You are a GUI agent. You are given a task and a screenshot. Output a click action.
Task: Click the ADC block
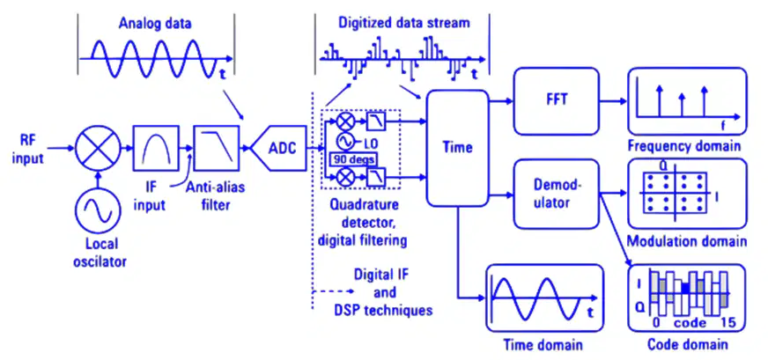tap(279, 148)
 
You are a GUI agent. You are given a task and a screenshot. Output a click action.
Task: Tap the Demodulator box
tap(557, 195)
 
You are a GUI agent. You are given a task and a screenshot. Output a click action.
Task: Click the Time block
tap(457, 147)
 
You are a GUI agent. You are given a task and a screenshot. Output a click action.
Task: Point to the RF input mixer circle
tap(99, 147)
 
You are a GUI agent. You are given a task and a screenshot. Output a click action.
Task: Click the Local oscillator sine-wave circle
tap(99, 211)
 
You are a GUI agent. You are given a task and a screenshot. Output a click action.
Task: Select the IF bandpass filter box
tap(156, 148)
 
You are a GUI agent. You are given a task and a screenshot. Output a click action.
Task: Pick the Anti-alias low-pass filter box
tap(216, 148)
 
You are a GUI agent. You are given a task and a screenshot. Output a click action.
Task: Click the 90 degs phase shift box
tap(353, 159)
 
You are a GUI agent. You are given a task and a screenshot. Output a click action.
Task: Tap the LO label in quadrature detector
tap(368, 142)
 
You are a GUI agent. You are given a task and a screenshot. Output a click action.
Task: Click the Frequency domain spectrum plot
tap(687, 101)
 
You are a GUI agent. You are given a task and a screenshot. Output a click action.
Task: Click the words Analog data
tap(155, 24)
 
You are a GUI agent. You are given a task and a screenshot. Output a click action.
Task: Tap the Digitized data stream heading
tap(404, 23)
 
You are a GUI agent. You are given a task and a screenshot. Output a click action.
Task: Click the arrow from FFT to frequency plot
tap(613, 101)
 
